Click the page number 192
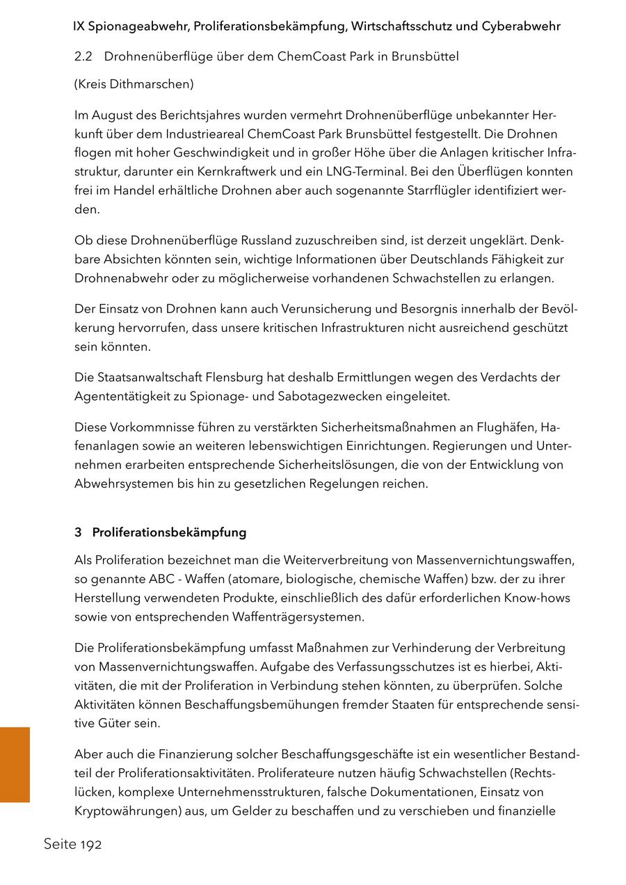90,845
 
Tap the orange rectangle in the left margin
15,765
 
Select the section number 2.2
83,56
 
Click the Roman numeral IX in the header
79,27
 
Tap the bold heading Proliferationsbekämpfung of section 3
169,532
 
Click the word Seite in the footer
60,845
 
